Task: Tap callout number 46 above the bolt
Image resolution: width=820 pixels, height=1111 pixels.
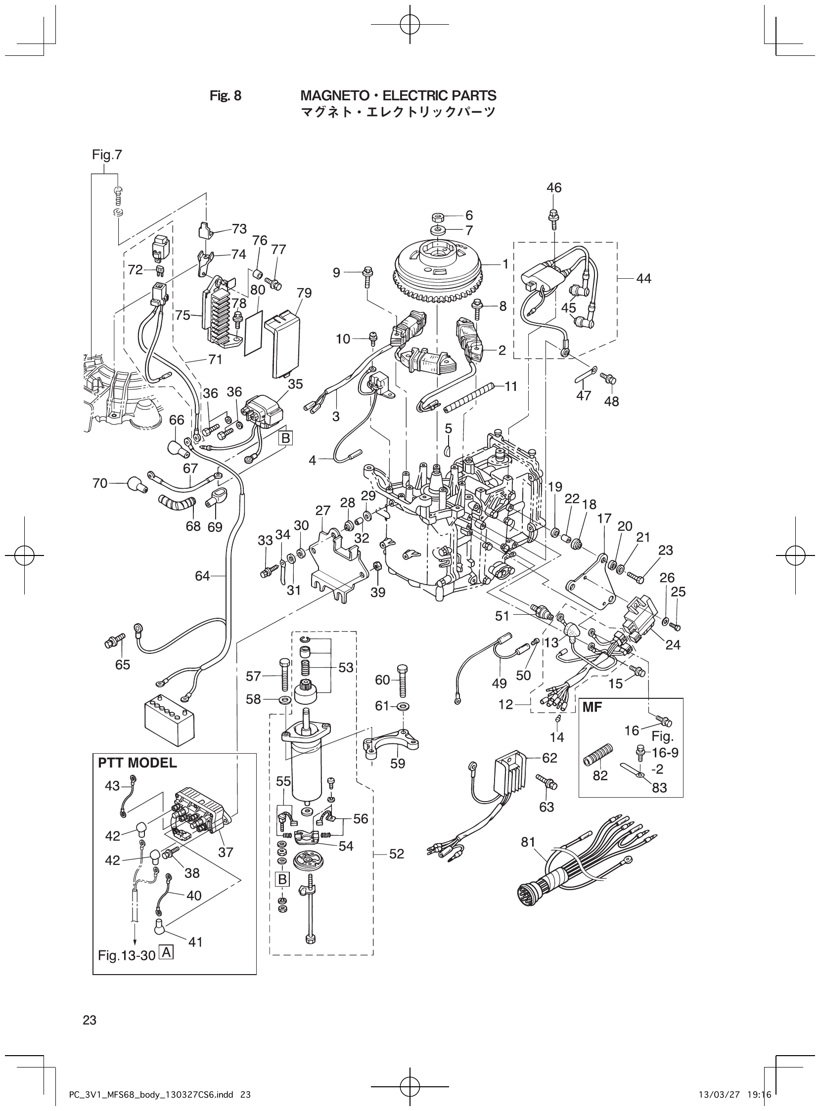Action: coord(554,187)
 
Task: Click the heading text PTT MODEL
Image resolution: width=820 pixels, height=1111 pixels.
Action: coord(137,763)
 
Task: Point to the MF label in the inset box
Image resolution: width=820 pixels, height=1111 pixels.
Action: coord(592,707)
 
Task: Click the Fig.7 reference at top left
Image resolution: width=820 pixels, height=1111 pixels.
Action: coord(107,155)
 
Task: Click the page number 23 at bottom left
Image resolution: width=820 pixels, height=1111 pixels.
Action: coord(90,1019)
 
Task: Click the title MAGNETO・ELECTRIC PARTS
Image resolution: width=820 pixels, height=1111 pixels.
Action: coord(399,95)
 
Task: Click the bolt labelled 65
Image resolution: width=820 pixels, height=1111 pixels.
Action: coord(109,643)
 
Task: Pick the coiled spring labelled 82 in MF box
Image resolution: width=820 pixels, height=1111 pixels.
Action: coord(599,755)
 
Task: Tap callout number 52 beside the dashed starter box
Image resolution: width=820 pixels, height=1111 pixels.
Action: coord(397,854)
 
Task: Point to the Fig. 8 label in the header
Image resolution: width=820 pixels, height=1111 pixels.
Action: coord(226,95)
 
